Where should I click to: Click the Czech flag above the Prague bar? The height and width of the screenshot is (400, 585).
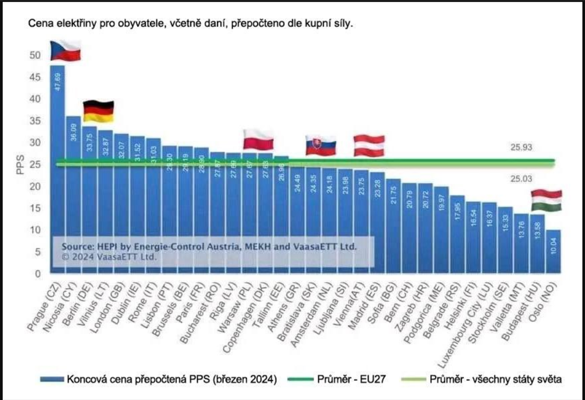pyautogui.click(x=65, y=50)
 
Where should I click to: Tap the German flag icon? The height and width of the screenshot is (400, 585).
pyautogui.click(x=98, y=112)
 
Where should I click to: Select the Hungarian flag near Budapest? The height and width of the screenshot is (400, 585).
pyautogui.click(x=546, y=200)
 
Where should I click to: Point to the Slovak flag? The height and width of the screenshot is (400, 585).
pyautogui.click(x=321, y=146)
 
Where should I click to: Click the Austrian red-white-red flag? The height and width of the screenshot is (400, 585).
pyautogui.click(x=369, y=146)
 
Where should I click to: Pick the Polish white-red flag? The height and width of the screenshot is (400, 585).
pyautogui.click(x=258, y=139)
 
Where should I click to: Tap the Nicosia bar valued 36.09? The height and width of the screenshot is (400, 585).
pyautogui.click(x=73, y=195)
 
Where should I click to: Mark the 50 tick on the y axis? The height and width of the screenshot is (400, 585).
pyautogui.click(x=35, y=56)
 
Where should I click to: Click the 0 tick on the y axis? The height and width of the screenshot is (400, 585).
pyautogui.click(x=38, y=274)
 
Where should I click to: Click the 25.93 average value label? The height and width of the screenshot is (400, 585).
pyautogui.click(x=521, y=147)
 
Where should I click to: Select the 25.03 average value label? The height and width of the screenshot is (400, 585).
pyautogui.click(x=521, y=179)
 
